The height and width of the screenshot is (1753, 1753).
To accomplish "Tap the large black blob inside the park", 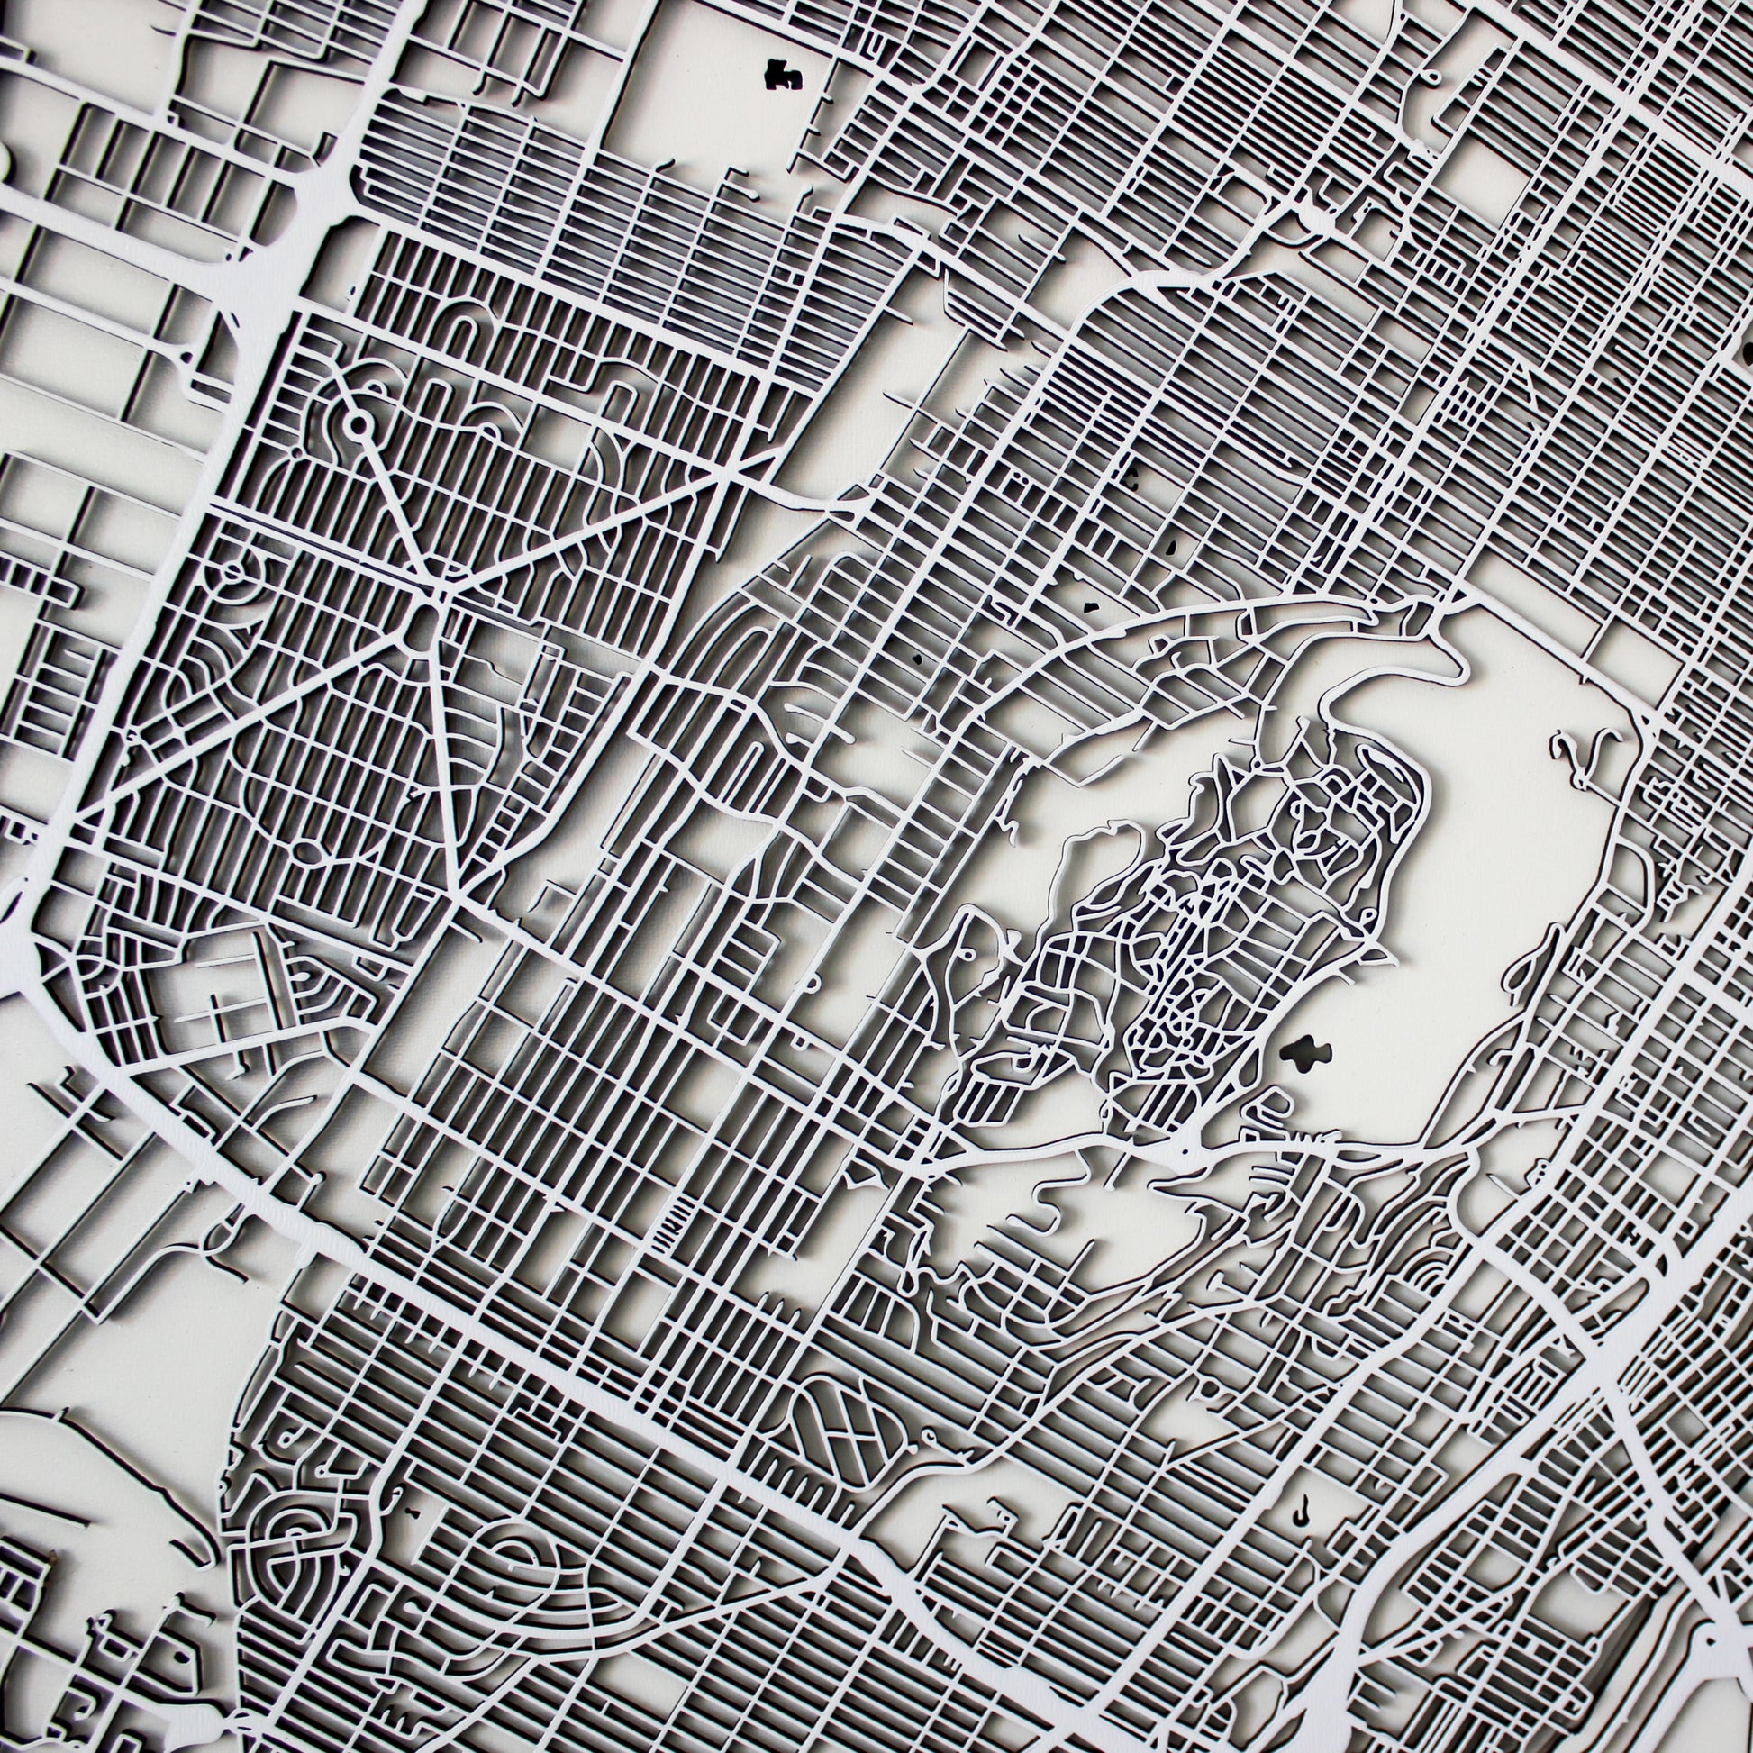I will coord(1305,1051).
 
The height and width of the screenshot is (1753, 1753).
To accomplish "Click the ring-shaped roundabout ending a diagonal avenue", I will coord(359,422).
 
